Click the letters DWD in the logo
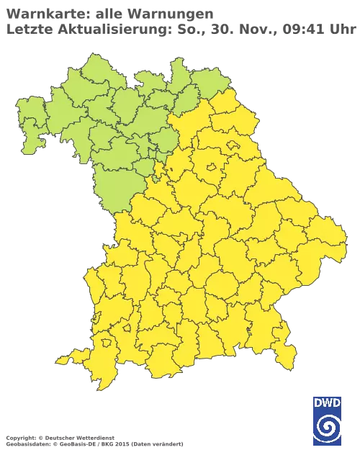coord(327,402)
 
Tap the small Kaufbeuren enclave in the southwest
coord(128,328)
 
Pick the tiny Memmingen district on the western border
coord(96,317)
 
